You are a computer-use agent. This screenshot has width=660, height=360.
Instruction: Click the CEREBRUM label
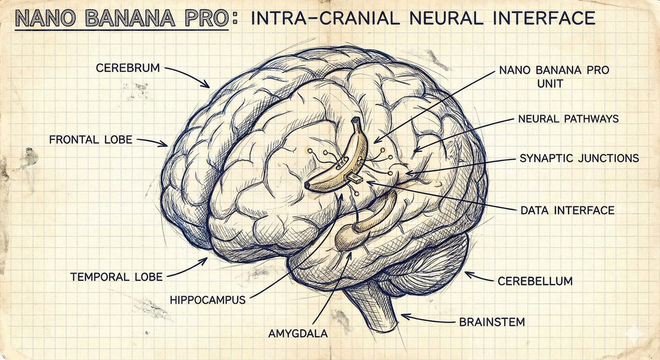tap(128, 69)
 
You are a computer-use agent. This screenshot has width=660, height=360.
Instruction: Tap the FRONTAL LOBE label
tap(91, 140)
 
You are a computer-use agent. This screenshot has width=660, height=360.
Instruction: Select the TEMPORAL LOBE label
tap(116, 276)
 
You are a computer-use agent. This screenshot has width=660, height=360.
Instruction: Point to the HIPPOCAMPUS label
tap(208, 301)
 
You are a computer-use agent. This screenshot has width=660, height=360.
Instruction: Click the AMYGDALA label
tap(298, 334)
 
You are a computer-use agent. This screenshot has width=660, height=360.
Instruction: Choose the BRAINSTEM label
tap(492, 321)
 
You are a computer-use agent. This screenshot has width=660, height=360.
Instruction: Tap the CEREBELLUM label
tap(535, 281)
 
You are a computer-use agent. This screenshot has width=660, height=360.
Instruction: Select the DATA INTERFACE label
tap(567, 210)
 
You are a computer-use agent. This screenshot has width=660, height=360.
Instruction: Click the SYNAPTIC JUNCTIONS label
tap(579, 159)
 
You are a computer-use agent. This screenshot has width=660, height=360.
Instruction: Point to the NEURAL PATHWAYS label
tap(568, 119)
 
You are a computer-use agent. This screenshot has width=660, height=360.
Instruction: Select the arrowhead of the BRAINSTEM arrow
tap(402, 315)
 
